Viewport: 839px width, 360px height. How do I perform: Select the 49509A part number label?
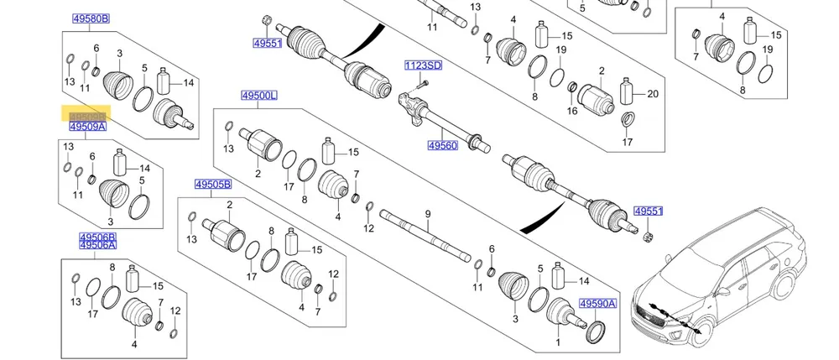pyautogui.click(x=87, y=127)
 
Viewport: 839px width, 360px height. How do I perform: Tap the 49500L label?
pyautogui.click(x=257, y=97)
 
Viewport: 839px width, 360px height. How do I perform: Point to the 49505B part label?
pyautogui.click(x=213, y=185)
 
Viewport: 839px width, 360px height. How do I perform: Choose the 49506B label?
pyautogui.click(x=97, y=237)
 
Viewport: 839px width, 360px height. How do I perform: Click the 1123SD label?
pyautogui.click(x=423, y=65)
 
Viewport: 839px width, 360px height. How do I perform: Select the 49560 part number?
pyautogui.click(x=442, y=145)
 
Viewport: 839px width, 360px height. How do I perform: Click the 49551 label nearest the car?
pyautogui.click(x=649, y=212)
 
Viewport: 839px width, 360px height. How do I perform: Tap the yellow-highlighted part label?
pyautogui.click(x=87, y=117)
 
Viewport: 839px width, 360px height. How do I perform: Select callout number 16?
pyautogui.click(x=572, y=110)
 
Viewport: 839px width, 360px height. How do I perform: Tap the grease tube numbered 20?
pyautogui.click(x=627, y=92)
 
